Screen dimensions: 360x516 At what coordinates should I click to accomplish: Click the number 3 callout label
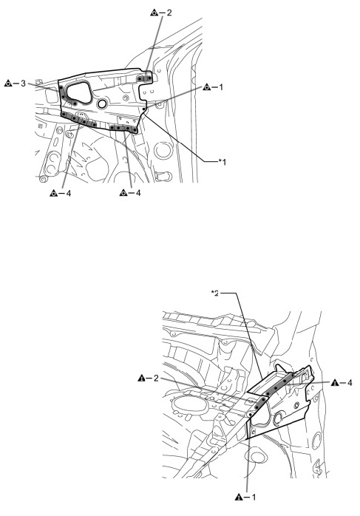pyautogui.click(x=23, y=84)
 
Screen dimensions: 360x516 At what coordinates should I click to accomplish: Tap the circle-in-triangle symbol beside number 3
pyautogui.click(x=8, y=84)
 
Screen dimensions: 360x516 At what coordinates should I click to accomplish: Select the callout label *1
pyautogui.click(x=223, y=162)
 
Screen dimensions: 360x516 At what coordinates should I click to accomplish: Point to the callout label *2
pyautogui.click(x=215, y=293)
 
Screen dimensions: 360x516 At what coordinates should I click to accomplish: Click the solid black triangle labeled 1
pyautogui.click(x=239, y=497)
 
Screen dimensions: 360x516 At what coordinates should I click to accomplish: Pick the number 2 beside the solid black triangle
pyautogui.click(x=156, y=378)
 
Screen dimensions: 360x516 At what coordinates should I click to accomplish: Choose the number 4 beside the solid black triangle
pyautogui.click(x=350, y=383)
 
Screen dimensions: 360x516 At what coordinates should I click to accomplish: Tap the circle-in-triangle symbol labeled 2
pyautogui.click(x=154, y=13)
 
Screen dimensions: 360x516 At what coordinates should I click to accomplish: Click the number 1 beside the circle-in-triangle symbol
pyautogui.click(x=221, y=87)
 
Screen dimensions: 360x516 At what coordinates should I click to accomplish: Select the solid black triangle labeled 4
pyautogui.click(x=335, y=383)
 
